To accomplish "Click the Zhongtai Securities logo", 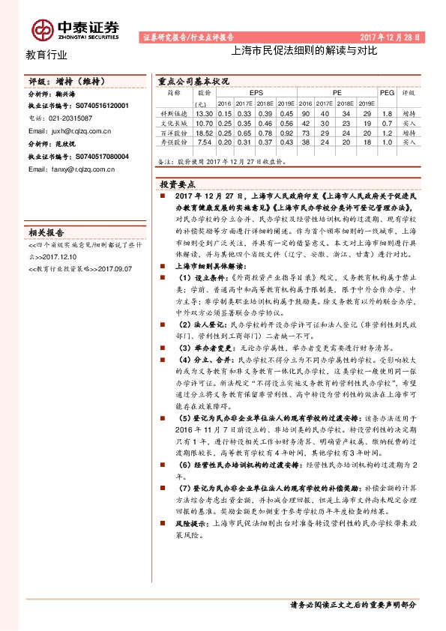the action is [75, 28].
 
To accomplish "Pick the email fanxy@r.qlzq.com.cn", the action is [70, 169].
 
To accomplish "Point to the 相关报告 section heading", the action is [46, 232].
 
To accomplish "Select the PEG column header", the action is [387, 93].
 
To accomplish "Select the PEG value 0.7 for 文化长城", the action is [387, 122].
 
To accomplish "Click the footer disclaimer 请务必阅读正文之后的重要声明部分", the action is [352, 604].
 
